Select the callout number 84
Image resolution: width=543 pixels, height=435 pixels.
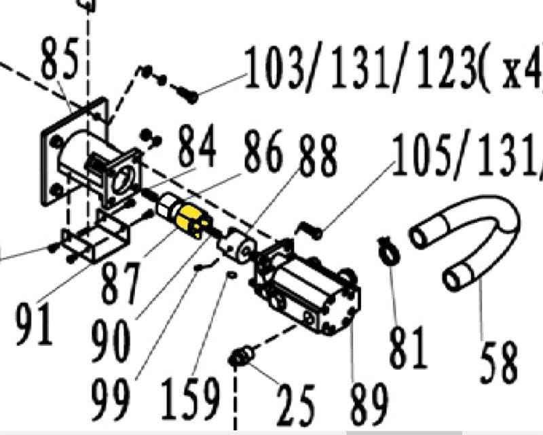[197, 147]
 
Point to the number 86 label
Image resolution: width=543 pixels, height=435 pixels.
[262, 153]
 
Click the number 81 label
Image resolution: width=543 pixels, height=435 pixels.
[407, 347]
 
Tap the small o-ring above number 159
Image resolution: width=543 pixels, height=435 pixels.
[231, 275]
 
